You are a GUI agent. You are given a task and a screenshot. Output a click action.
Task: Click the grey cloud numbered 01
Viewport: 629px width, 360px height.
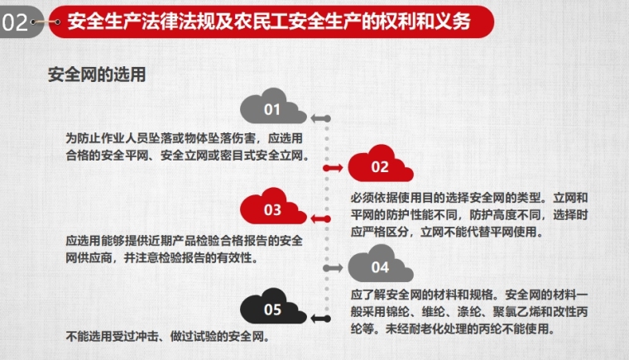pyautogui.click(x=273, y=108)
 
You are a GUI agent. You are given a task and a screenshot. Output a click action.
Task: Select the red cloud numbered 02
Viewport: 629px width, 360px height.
pyautogui.click(x=380, y=165)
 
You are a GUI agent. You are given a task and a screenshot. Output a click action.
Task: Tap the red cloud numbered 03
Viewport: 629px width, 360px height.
pyautogui.click(x=273, y=207)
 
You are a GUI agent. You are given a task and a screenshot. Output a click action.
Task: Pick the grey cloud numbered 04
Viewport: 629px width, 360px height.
pyautogui.click(x=380, y=265)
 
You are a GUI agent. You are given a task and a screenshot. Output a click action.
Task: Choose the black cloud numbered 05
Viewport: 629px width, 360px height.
pyautogui.click(x=273, y=307)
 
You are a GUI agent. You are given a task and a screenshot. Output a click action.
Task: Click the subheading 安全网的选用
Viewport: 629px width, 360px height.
pyautogui.click(x=97, y=74)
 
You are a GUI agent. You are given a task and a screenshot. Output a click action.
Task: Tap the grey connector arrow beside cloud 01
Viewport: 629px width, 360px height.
pyautogui.click(x=320, y=118)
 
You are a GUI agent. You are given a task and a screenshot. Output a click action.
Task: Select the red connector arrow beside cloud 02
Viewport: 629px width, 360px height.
pyautogui.click(x=333, y=168)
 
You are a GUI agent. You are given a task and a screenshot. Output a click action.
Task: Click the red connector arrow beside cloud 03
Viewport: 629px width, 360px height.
pyautogui.click(x=320, y=218)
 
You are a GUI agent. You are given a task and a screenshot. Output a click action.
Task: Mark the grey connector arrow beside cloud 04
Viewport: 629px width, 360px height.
pyautogui.click(x=333, y=267)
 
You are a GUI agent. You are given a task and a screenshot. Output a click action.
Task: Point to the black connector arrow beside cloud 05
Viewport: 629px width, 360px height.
pyautogui.click(x=320, y=319)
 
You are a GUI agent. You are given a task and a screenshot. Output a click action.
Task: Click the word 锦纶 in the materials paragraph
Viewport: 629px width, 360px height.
pyautogui.click(x=398, y=312)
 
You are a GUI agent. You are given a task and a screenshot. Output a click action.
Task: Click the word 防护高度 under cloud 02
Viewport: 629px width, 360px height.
pyautogui.click(x=493, y=214)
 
